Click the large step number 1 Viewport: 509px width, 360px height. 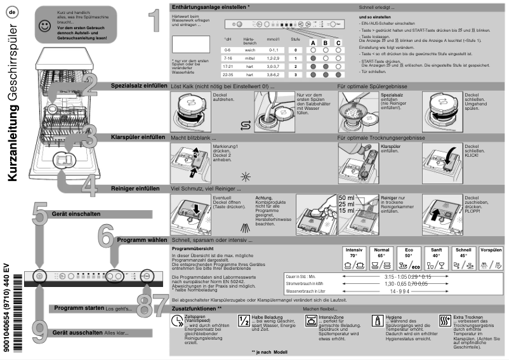point(150,22)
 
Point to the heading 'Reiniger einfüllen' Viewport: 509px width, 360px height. point(135,189)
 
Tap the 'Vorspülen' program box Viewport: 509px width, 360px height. point(491,257)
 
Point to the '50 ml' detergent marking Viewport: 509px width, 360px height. point(347,198)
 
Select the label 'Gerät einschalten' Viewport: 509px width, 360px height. point(76,215)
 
